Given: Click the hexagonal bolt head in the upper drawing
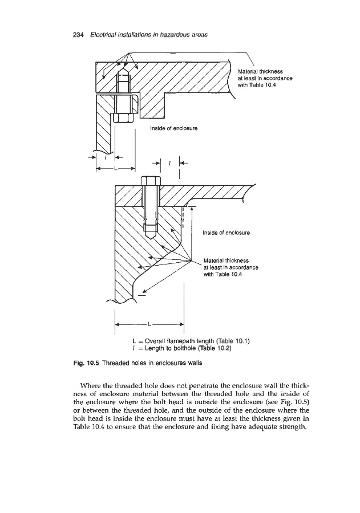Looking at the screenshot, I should [122, 118].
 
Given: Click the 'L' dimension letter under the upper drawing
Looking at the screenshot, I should [116, 168].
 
